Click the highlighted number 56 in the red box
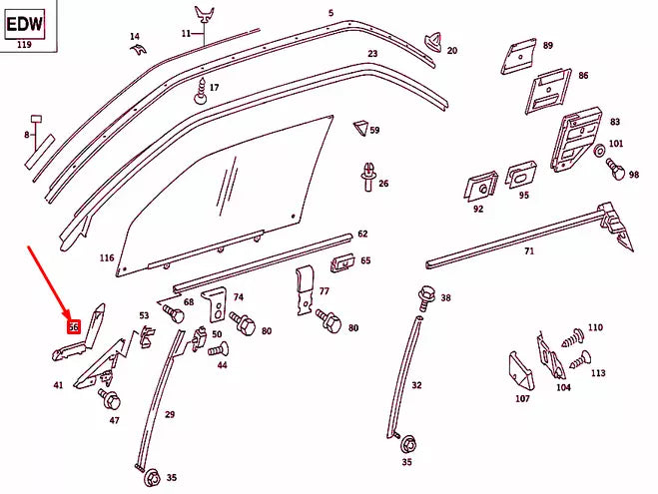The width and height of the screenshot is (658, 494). (73, 326)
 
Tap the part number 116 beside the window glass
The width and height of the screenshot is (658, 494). (107, 257)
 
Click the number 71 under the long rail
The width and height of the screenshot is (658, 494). (529, 252)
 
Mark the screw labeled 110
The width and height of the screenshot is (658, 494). (573, 336)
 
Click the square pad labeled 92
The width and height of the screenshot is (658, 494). (480, 187)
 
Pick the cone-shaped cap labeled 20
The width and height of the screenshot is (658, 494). (433, 42)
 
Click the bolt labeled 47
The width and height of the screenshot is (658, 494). (109, 399)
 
